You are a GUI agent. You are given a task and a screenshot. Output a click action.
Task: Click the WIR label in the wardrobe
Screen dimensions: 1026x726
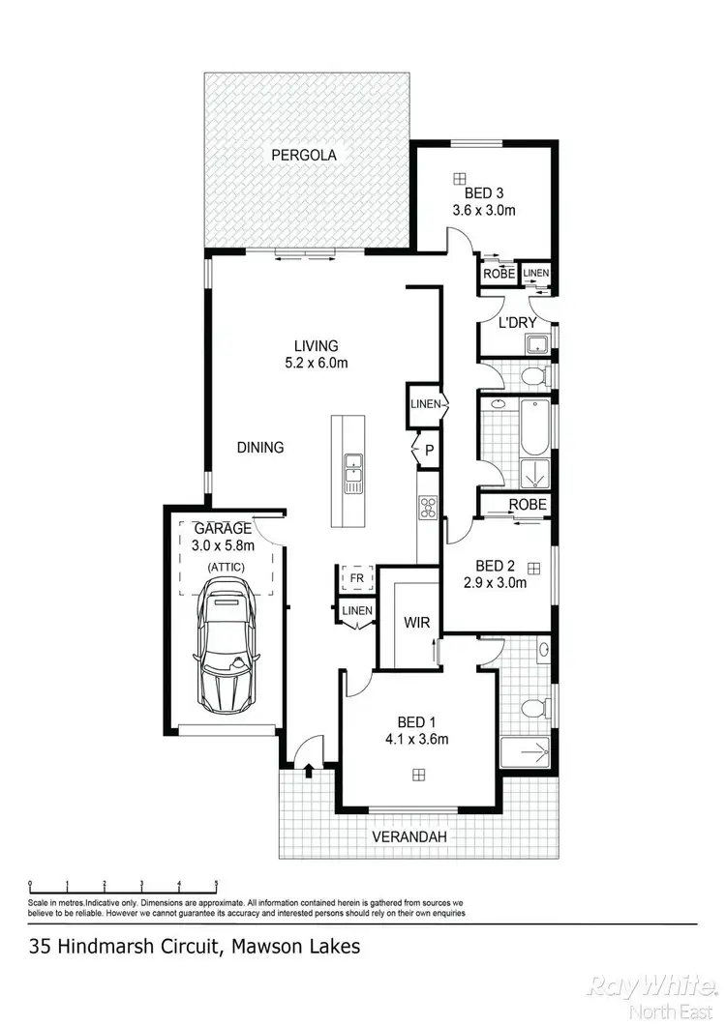416,623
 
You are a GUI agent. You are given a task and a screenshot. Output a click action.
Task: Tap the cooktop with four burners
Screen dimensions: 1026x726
428,506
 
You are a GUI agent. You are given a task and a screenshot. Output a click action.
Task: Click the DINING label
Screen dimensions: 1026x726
260,447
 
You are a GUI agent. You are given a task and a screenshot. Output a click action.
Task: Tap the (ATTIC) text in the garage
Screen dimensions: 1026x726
224,566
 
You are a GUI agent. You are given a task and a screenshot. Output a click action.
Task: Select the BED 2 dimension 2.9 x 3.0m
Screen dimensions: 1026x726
494,582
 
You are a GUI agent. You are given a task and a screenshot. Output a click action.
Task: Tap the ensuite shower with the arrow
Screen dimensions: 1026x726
526,749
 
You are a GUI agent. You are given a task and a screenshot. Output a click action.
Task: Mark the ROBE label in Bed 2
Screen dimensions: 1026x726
528,505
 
